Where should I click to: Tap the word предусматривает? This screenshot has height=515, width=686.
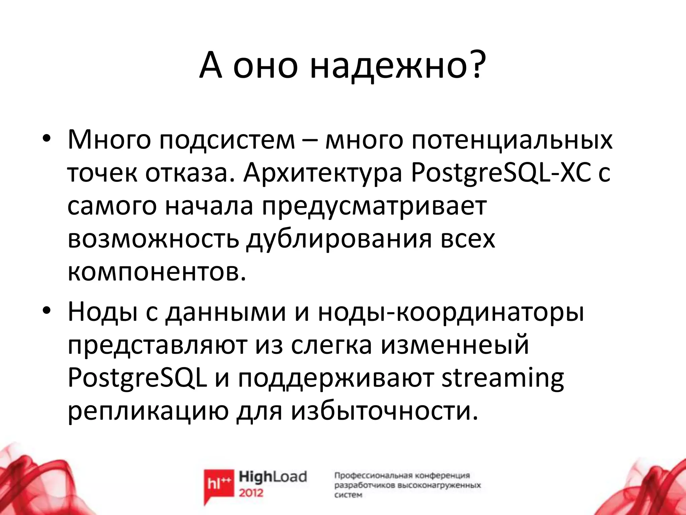(374, 207)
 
